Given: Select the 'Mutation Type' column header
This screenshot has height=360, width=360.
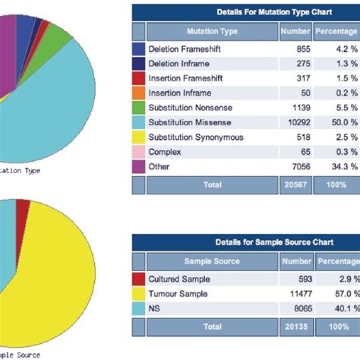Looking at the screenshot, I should (x=212, y=32).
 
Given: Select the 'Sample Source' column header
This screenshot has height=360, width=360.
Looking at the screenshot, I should (x=212, y=261).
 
